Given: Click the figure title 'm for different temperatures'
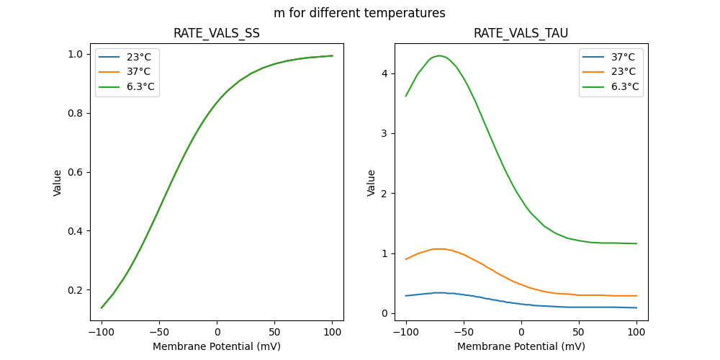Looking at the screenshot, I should [359, 13].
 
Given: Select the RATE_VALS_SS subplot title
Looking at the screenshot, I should [217, 34].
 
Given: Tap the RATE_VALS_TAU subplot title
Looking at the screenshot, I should [521, 34].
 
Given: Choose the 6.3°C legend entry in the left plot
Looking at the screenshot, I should [140, 87].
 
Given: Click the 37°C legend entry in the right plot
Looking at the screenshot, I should [622, 56].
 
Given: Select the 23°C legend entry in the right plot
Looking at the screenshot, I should [622, 72].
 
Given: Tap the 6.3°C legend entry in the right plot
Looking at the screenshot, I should [624, 87].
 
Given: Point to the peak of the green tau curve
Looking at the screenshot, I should [439, 55].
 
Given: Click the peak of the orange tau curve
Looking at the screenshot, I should [439, 249].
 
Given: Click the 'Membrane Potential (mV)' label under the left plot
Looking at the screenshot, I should [217, 346].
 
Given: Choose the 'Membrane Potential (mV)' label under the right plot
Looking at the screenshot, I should [521, 346].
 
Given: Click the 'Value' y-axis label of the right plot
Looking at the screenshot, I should [372, 182].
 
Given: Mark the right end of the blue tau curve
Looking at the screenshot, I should [636, 307].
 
